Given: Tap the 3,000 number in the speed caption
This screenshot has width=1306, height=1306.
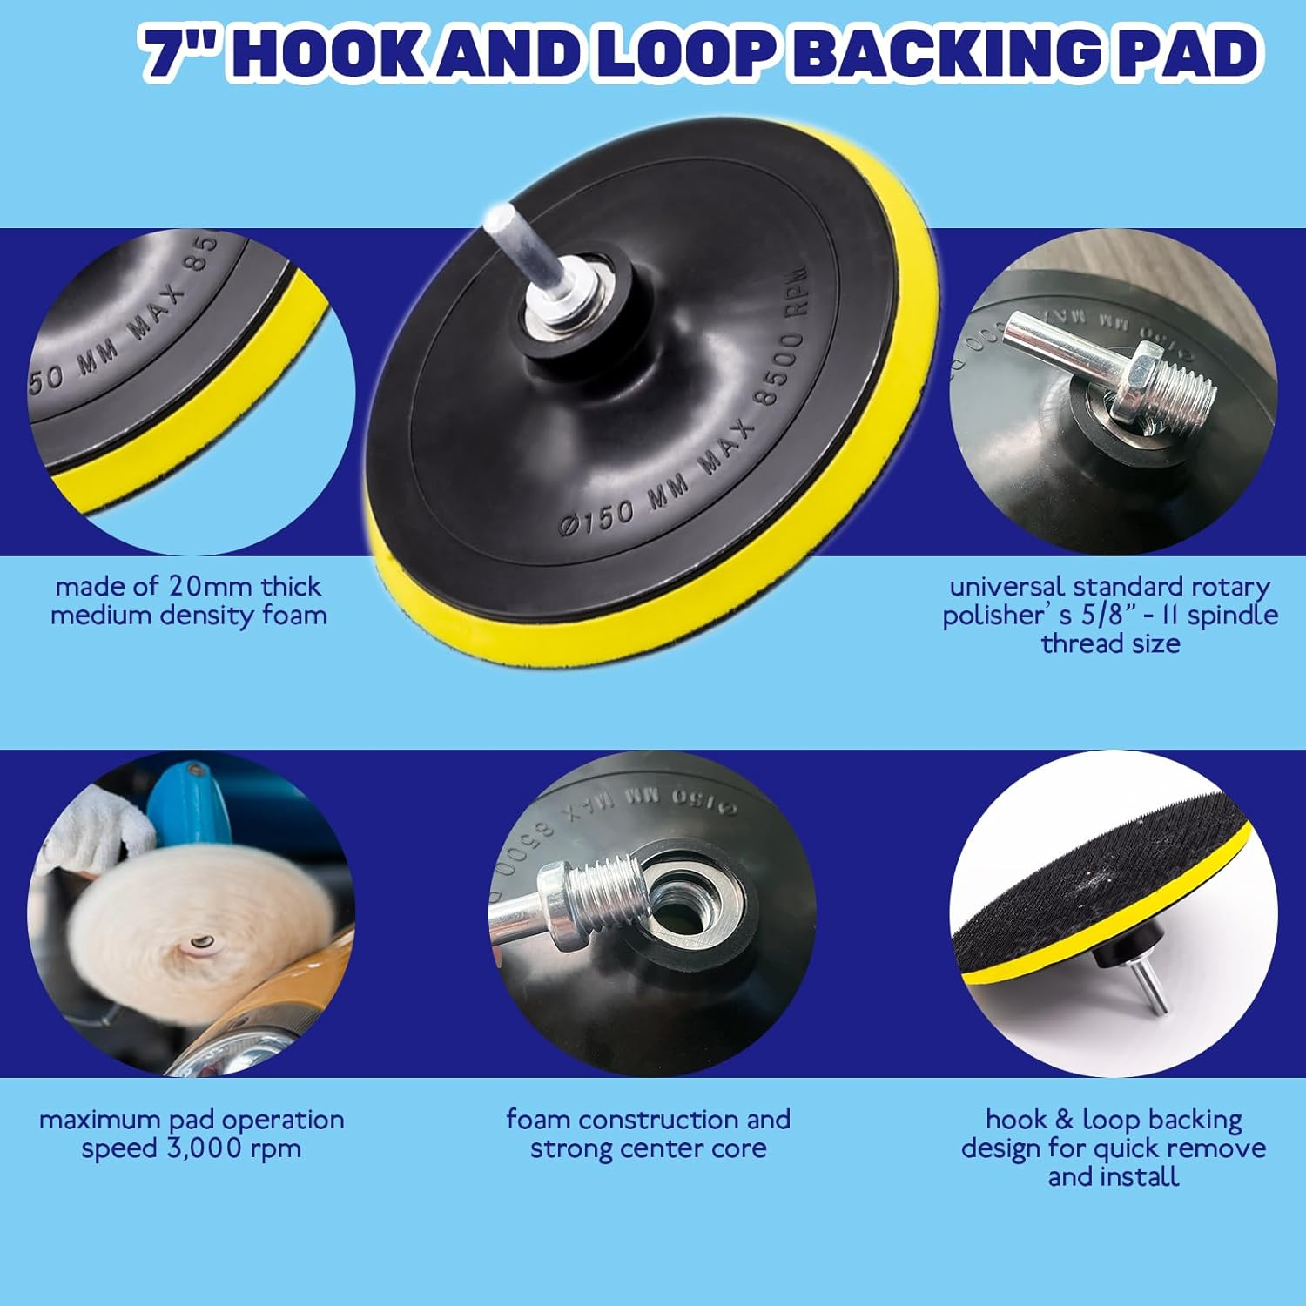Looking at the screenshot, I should pyautogui.click(x=191, y=1148).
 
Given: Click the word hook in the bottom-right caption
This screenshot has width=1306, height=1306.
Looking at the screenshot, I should pyautogui.click(x=1016, y=1120).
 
